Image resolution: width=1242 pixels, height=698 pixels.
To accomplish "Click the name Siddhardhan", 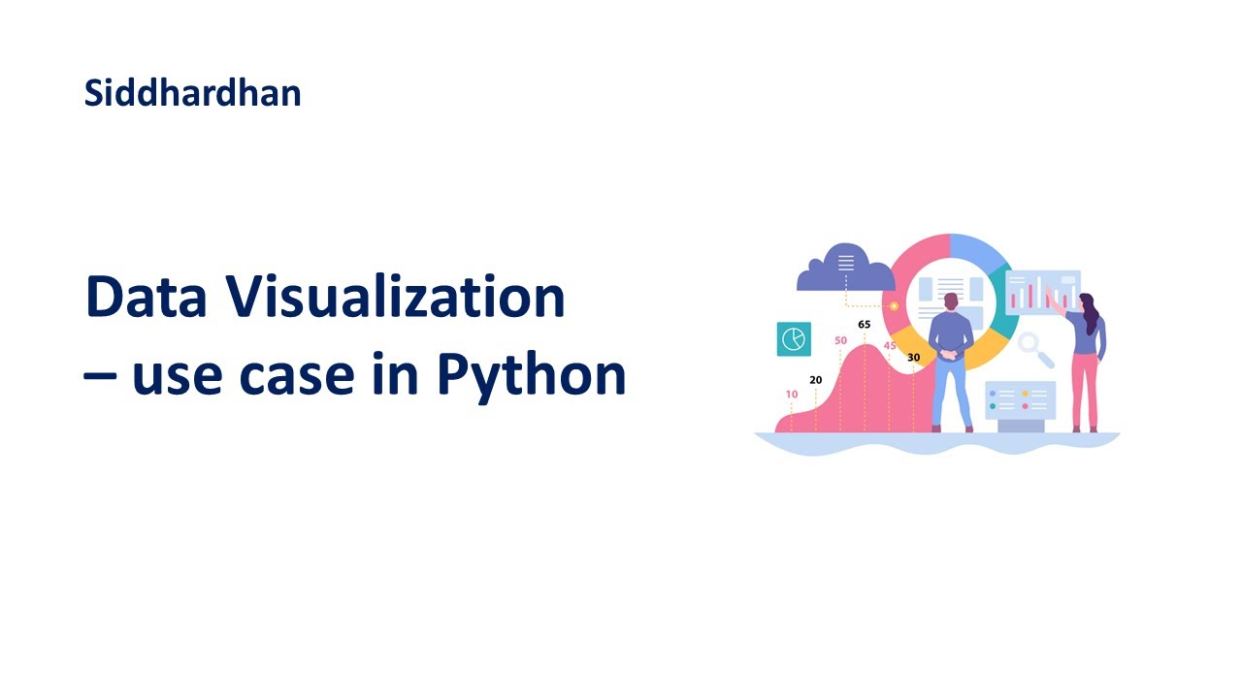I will click(192, 93).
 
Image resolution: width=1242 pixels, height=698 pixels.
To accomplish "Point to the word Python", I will click(531, 375).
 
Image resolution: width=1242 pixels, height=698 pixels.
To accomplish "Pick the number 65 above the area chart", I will click(864, 324).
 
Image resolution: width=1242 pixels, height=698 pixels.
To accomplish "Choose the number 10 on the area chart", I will click(792, 395).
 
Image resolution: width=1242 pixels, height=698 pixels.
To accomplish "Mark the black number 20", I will click(815, 380).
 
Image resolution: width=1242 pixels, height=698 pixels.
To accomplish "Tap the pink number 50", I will click(840, 340).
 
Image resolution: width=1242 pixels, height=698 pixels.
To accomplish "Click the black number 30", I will click(913, 358).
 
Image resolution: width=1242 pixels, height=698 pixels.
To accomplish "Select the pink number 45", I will click(890, 345).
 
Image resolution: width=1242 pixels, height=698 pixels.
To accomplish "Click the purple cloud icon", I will click(844, 269).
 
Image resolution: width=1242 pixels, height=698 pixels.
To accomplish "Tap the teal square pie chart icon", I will click(794, 338).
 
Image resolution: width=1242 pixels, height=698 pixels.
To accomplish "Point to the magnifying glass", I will click(1034, 349).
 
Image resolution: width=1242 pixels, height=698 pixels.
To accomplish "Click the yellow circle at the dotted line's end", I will click(894, 306).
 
